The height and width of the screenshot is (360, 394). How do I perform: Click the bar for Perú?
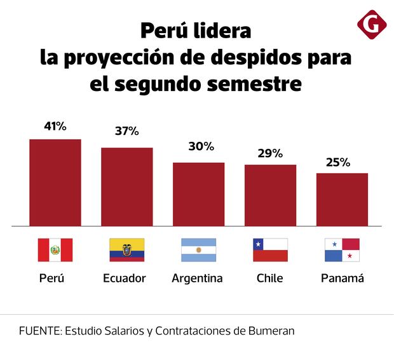(55, 183)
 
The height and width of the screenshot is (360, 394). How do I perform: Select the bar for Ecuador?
(127, 187)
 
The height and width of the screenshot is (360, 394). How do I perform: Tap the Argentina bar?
(199, 194)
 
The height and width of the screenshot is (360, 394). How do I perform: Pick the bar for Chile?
(271, 195)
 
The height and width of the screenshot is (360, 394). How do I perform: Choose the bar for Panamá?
(343, 199)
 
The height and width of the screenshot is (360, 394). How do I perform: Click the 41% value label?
(55, 126)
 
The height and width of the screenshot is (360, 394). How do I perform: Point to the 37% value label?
(127, 132)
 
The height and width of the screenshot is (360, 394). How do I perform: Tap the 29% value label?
(270, 153)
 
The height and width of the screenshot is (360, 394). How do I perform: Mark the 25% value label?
(337, 162)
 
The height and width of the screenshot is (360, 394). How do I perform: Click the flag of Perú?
(55, 250)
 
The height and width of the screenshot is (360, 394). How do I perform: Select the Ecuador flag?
(127, 250)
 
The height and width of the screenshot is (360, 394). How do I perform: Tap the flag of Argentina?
(199, 250)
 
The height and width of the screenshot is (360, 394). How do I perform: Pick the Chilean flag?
(271, 250)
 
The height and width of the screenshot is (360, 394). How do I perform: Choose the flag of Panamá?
(343, 250)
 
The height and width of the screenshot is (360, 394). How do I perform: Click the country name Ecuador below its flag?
(125, 279)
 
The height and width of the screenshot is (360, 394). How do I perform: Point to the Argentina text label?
(198, 279)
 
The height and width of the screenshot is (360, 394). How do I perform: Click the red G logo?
(372, 25)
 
